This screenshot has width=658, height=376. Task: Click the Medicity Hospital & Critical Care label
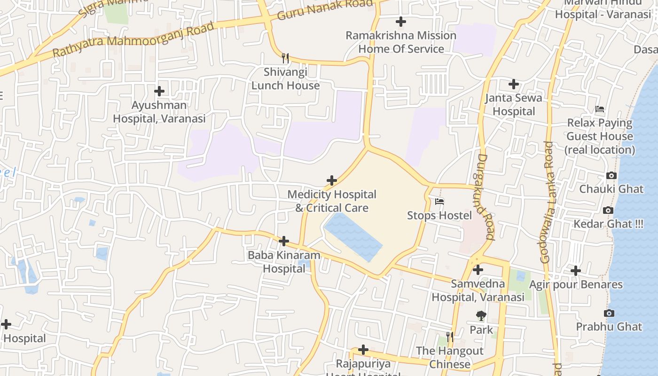point(332,201)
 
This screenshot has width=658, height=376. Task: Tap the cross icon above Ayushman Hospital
point(159,91)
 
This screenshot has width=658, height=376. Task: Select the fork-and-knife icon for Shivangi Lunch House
point(285,58)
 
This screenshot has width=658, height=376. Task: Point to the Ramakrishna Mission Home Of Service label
point(401,42)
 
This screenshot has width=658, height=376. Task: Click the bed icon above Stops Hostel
point(439,202)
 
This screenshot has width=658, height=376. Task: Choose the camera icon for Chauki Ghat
point(611,176)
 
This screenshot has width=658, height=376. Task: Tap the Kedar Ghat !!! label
point(608,224)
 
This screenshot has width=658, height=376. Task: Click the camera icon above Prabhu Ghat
point(609,313)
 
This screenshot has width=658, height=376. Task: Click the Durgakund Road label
point(485,197)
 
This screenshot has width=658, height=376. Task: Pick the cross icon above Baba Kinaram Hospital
point(284,241)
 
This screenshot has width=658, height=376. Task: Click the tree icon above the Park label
point(481,316)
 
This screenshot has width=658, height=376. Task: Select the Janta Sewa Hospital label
point(513,104)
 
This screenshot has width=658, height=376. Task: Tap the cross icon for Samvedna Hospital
point(478,270)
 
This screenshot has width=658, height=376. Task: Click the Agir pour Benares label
point(576,284)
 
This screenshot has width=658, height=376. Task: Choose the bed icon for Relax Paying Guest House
point(600,109)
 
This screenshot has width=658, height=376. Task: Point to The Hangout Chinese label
point(449,357)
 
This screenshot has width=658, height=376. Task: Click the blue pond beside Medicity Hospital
point(352,235)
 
